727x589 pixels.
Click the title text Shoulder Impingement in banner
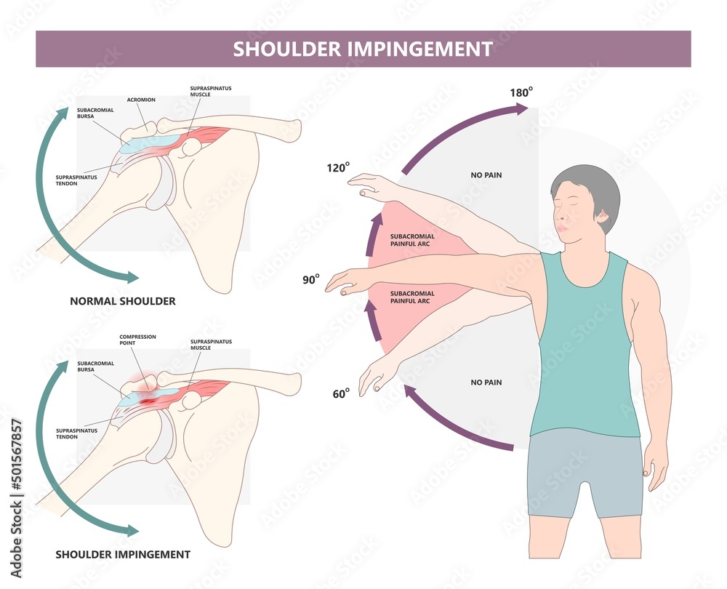(363, 49)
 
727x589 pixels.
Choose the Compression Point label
(137, 340)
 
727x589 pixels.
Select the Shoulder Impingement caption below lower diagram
(123, 554)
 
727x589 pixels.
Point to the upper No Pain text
(486, 175)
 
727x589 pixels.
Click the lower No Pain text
(486, 382)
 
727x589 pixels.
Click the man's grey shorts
(585, 473)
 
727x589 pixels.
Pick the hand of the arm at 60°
(374, 375)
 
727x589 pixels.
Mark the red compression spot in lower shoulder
(148, 400)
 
